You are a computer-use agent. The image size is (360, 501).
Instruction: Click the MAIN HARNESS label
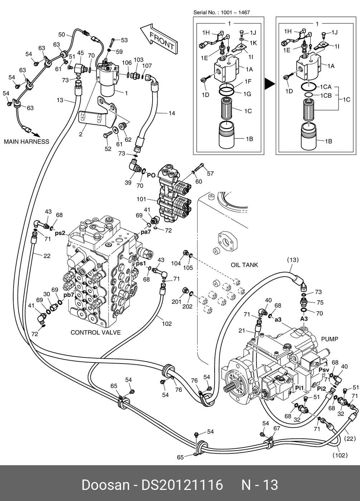(27, 142)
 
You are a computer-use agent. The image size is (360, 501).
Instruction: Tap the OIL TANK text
(244, 265)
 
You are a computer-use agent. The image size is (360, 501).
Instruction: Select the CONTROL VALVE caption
(96, 332)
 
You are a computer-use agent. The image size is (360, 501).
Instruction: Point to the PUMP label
(330, 339)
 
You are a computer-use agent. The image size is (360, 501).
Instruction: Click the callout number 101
(142, 199)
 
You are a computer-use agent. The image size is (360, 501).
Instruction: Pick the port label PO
(151, 175)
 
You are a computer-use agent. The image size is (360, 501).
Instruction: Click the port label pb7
(69, 295)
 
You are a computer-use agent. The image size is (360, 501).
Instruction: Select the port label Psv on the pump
(323, 370)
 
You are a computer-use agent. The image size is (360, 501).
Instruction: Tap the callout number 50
(62, 35)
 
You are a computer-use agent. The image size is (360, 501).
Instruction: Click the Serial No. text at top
(221, 13)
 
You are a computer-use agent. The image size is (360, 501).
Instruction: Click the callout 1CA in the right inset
(326, 87)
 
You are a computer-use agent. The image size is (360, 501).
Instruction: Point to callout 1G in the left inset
(248, 94)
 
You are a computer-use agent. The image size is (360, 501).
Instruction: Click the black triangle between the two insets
(269, 84)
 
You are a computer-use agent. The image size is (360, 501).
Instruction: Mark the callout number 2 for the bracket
(81, 135)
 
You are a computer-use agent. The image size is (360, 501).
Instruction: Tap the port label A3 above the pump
(304, 319)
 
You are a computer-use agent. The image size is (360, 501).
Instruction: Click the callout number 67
(277, 428)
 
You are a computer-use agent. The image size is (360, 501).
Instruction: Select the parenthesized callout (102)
(340, 455)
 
